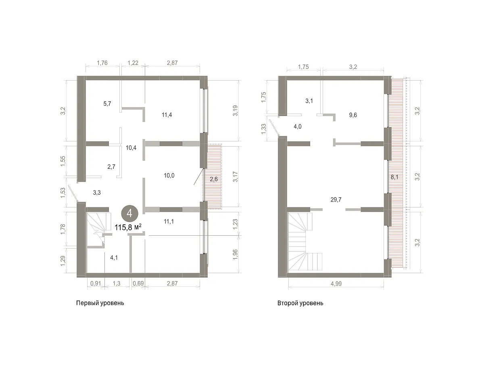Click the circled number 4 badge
point(129,214)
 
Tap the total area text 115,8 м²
point(128,227)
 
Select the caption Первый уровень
point(100,303)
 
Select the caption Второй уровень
point(300,303)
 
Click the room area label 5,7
point(107,104)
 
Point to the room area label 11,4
point(167,115)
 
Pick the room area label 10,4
point(131,148)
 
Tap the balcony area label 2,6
point(214,179)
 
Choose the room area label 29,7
point(336,199)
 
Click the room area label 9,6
point(353,115)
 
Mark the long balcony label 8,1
point(394,177)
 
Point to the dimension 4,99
point(336,284)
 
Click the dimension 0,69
point(138,283)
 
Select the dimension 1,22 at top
point(133,63)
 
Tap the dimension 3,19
point(236,111)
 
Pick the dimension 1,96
point(236,255)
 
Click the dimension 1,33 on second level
point(263,129)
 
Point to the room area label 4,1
point(114,257)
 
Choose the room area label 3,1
point(309,101)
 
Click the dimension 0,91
point(96,283)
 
